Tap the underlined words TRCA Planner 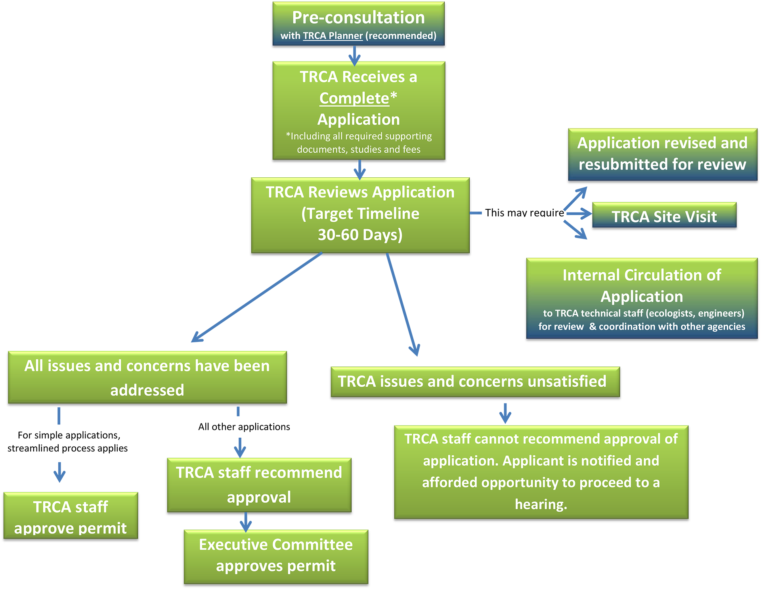click(333, 36)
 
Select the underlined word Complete click(354, 98)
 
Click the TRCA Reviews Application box click(360, 215)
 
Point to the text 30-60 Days click(360, 235)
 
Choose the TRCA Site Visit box click(664, 217)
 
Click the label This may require click(524, 213)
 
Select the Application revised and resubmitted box click(662, 154)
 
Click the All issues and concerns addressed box click(147, 377)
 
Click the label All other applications click(244, 427)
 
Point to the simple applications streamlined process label click(68, 441)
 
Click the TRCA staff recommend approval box click(259, 485)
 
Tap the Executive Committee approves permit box click(276, 556)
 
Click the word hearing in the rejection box click(541, 504)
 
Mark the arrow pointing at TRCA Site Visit click(579, 213)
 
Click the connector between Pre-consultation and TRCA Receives click(354, 56)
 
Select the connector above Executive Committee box click(246, 522)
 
